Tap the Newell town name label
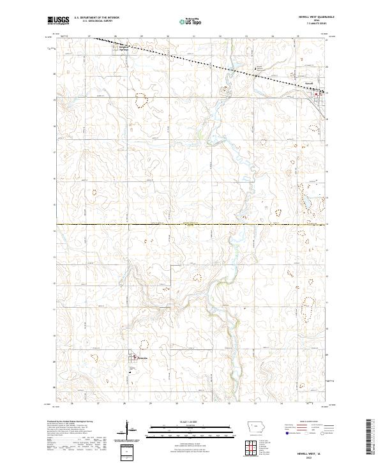308,84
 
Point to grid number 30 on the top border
167,36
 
